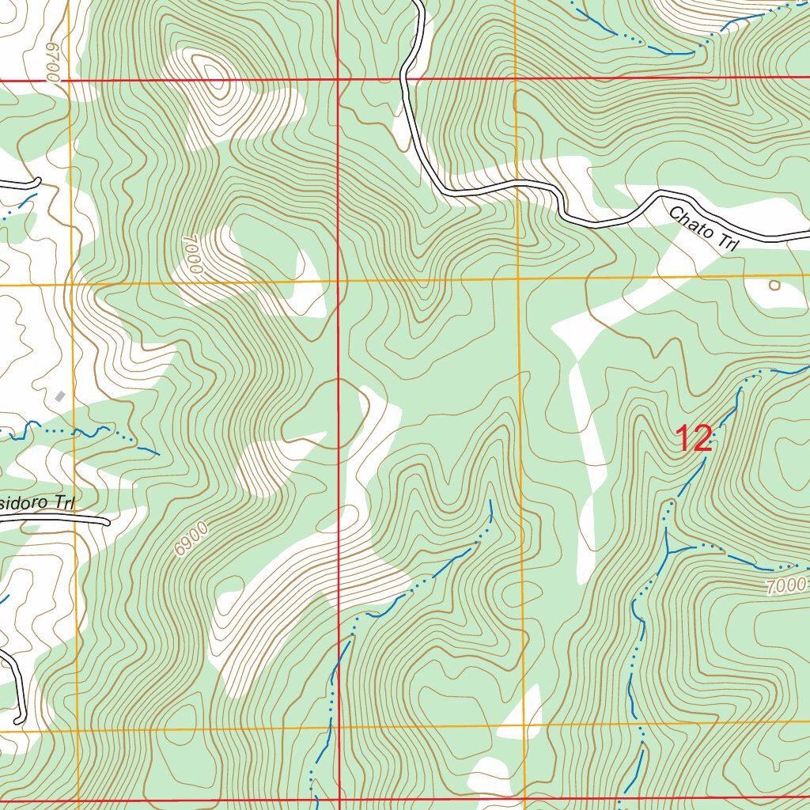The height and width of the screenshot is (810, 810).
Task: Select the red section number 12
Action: click(x=695, y=439)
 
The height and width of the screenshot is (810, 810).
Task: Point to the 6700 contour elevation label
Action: click(x=52, y=61)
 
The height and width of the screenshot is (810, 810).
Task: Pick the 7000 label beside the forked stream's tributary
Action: click(x=786, y=586)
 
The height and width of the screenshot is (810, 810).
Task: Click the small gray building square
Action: click(x=60, y=396)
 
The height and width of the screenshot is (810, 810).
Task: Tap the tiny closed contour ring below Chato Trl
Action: click(x=774, y=285)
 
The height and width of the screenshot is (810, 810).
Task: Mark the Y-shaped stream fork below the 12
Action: click(x=668, y=551)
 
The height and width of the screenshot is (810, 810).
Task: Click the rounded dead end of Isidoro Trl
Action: click(x=107, y=521)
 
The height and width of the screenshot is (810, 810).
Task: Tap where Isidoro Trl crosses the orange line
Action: click(x=76, y=520)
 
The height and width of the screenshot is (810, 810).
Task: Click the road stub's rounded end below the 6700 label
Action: click(x=37, y=183)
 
